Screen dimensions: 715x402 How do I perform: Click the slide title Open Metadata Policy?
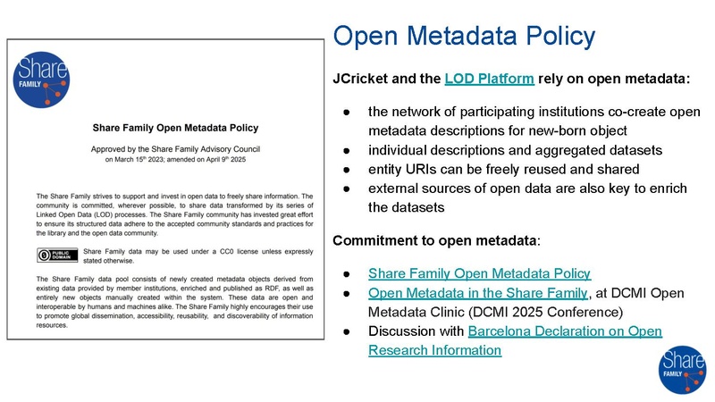(x=463, y=37)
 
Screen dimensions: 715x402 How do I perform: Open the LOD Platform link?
(x=489, y=79)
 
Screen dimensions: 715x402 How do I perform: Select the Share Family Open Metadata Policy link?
(x=479, y=272)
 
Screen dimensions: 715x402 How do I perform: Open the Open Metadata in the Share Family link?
(x=477, y=293)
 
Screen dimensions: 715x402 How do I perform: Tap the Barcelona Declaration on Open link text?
(x=565, y=331)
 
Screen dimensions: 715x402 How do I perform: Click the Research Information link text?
(x=434, y=350)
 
